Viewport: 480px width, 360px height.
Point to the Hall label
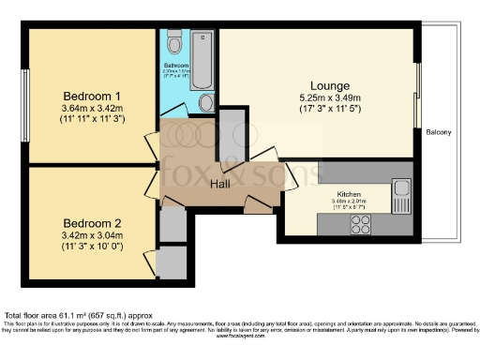click(221, 183)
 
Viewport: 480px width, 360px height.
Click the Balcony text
click(438, 132)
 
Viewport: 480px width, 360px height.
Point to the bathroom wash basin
click(206, 102)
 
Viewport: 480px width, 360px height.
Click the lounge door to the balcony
click(417, 94)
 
